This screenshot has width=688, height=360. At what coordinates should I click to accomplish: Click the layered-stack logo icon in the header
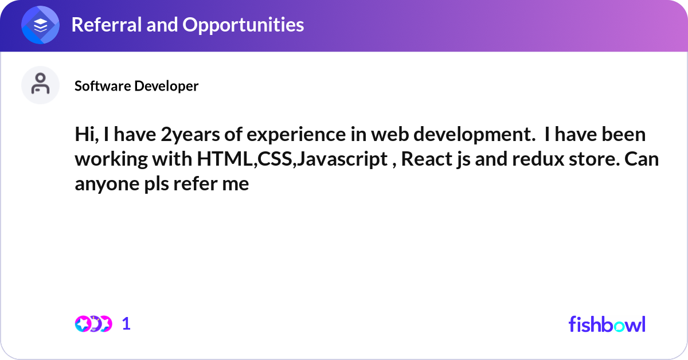[x=40, y=25]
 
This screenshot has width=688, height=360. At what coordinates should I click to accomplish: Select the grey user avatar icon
[x=40, y=85]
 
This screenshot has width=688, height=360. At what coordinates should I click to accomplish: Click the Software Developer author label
[x=136, y=86]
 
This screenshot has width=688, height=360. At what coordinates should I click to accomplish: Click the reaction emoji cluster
[x=93, y=324]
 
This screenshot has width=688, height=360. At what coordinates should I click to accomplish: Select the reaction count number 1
[x=126, y=324]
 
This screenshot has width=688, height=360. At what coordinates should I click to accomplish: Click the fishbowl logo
[x=607, y=324]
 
